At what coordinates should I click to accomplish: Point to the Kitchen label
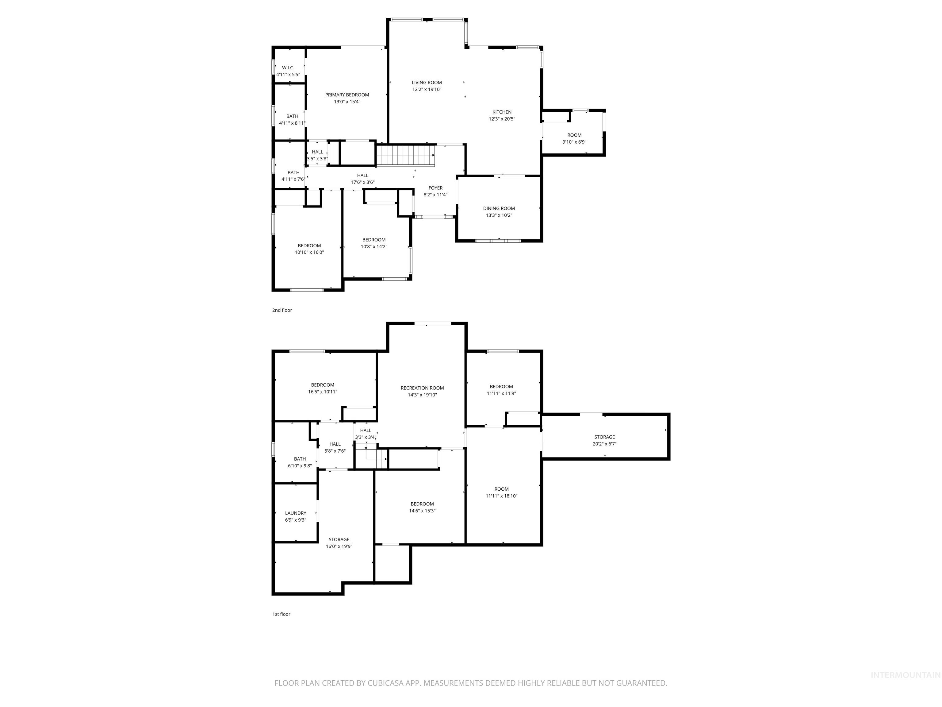tap(502, 112)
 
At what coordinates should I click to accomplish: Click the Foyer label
tap(435, 188)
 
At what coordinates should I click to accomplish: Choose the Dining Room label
tap(499, 208)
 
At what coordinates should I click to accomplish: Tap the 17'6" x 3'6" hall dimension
tap(362, 182)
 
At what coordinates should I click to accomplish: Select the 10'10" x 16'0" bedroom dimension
tap(309, 252)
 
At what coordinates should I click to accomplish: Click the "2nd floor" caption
tap(282, 310)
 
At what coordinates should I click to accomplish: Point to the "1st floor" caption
tap(281, 614)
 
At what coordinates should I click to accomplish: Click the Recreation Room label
tap(422, 388)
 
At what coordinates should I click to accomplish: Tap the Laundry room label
tap(296, 513)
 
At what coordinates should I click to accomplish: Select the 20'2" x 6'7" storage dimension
tap(604, 444)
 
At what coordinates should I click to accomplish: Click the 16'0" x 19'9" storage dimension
tap(339, 546)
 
